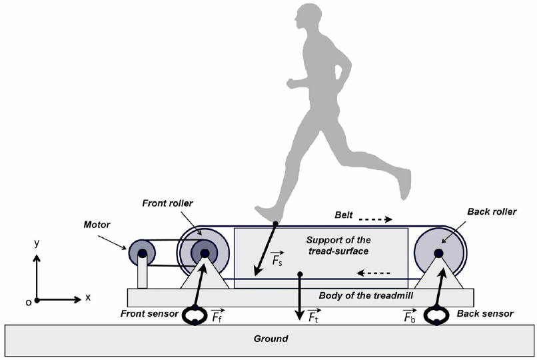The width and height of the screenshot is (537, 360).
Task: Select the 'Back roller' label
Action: tap(491, 212)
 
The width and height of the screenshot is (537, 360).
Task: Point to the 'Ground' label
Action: tap(270, 339)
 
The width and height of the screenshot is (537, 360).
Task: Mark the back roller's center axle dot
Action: tap(438, 253)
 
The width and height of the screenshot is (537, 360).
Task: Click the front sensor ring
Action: tap(195, 315)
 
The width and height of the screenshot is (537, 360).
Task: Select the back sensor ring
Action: tap(436, 315)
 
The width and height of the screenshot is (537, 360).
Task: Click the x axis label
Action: tap(87, 297)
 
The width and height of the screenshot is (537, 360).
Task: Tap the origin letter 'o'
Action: tap(28, 302)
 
